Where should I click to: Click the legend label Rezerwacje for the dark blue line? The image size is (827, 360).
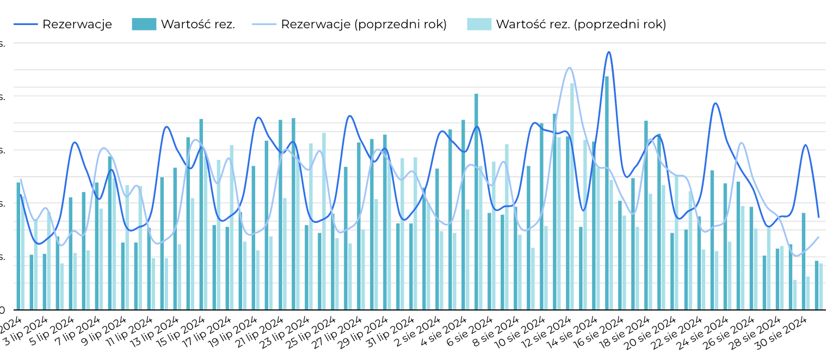[77, 24]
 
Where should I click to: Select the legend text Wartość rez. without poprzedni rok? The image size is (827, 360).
[198, 24]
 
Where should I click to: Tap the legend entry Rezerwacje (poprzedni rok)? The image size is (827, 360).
[363, 24]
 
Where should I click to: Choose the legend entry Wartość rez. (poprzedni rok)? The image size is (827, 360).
[581, 24]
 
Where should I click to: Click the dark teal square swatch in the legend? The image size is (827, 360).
[144, 24]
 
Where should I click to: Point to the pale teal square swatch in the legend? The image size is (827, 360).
[479, 24]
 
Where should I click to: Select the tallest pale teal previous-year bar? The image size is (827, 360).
[572, 196]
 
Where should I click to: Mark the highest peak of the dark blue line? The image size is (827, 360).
[609, 52]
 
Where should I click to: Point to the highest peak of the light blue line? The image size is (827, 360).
[570, 68]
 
